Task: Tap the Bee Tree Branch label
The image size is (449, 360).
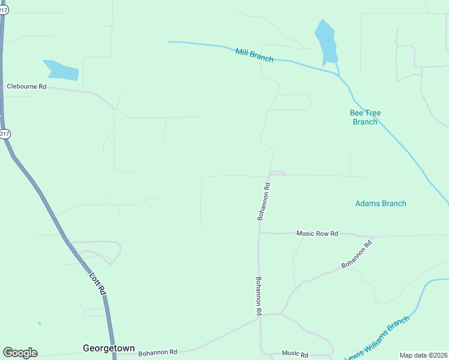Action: click(x=365, y=117)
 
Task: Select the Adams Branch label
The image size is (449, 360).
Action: click(x=381, y=203)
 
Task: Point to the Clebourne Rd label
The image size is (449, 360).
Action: click(x=26, y=86)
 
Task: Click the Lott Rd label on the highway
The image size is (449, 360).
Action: click(x=97, y=283)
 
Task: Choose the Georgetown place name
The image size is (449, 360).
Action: click(x=109, y=348)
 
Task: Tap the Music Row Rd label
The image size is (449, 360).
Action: click(x=318, y=233)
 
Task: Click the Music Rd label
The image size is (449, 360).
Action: click(x=295, y=355)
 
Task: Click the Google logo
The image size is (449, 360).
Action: click(x=20, y=353)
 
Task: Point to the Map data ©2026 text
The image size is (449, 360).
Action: click(x=424, y=355)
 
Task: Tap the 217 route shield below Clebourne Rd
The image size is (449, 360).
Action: click(x=5, y=134)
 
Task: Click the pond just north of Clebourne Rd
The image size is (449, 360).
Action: click(x=61, y=70)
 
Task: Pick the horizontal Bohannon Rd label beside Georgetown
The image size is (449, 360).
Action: click(x=158, y=352)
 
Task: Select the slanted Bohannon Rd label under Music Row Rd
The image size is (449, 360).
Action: click(x=357, y=253)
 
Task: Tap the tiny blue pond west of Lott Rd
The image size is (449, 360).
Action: click(x=40, y=323)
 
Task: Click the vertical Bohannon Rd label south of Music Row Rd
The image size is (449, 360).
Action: click(x=259, y=296)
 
